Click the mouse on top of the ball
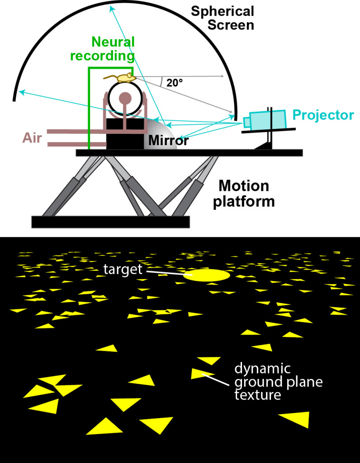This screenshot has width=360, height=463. [122, 78]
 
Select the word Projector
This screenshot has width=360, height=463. [323, 115]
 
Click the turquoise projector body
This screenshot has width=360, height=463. [268, 120]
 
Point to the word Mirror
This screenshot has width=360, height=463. [168, 141]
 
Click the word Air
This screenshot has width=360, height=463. [32, 138]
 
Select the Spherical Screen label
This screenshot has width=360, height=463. [223, 18]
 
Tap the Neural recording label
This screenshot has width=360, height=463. [103, 49]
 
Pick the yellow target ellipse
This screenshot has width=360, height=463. [206, 275]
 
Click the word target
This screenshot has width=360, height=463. [123, 270]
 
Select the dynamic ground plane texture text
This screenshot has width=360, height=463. [279, 382]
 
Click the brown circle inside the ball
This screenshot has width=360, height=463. [125, 98]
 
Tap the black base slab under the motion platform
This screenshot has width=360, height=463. [110, 222]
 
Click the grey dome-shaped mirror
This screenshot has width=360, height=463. [161, 134]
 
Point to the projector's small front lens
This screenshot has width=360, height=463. [246, 122]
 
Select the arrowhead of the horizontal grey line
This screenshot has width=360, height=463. [222, 76]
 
